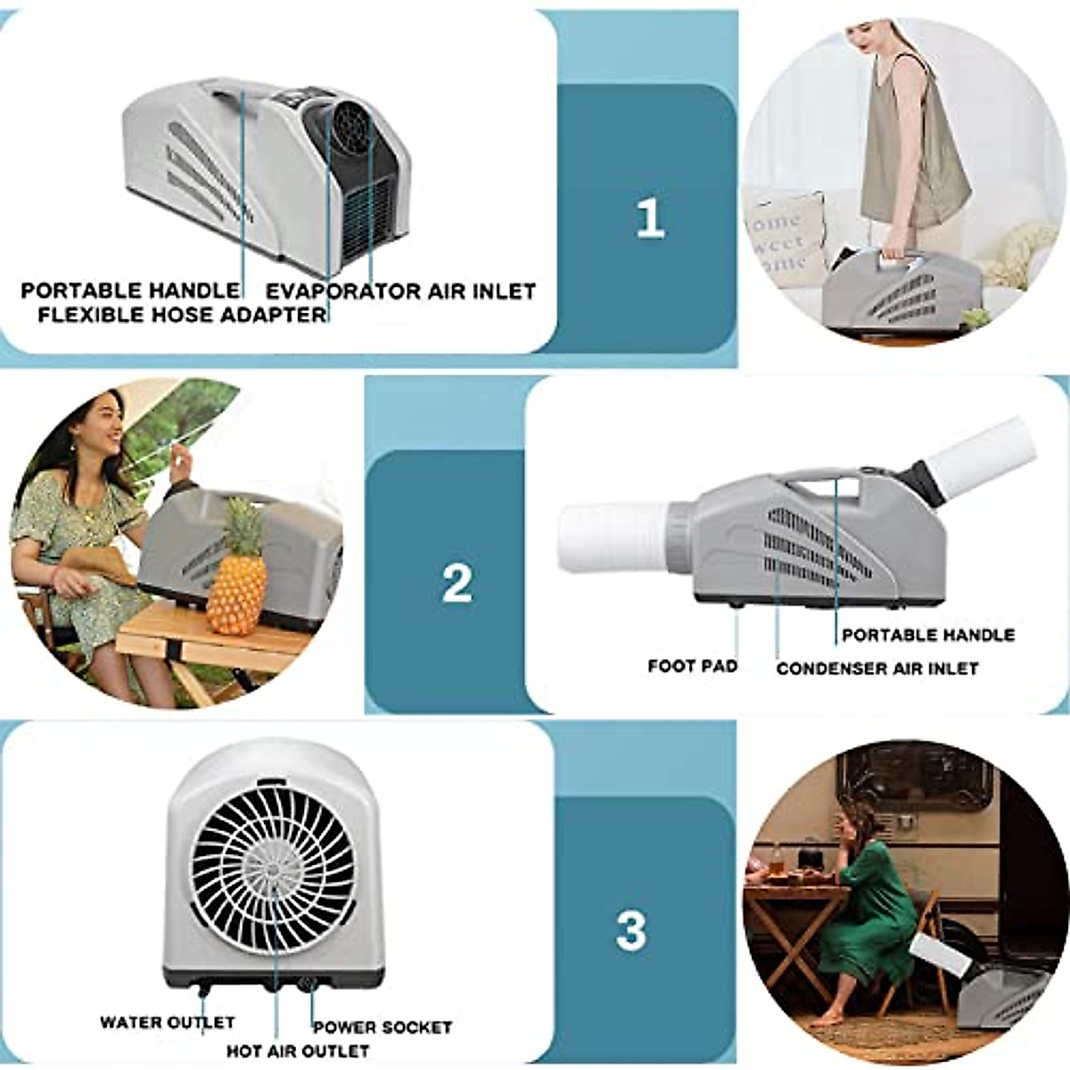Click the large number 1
(x=650, y=218)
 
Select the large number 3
(x=630, y=931)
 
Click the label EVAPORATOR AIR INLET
(x=401, y=291)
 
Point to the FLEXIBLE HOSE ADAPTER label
(x=182, y=315)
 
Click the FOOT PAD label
(x=692, y=665)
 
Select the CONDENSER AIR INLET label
(x=877, y=668)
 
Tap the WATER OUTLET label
(x=167, y=1022)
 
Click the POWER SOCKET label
(x=382, y=1027)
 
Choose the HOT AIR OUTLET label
(x=297, y=1051)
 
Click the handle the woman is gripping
(x=901, y=259)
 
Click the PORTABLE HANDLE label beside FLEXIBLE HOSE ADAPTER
(x=130, y=291)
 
